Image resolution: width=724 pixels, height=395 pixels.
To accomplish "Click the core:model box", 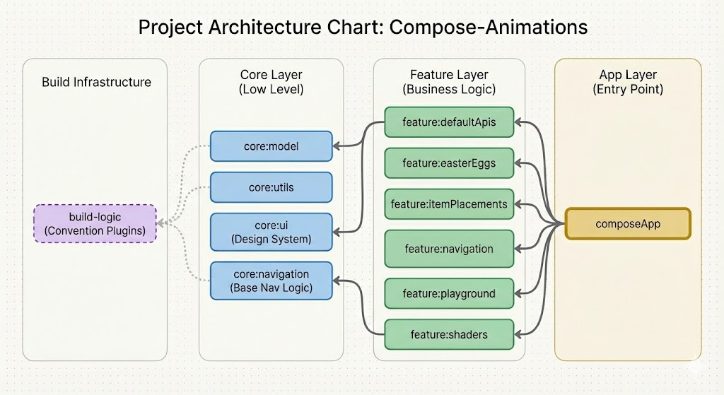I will point(271,147).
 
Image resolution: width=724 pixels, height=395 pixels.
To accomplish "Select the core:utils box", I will point(271,187).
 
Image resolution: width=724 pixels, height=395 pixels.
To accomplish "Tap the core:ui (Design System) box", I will point(271,232).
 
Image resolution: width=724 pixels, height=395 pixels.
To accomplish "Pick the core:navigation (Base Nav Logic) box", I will point(271,281).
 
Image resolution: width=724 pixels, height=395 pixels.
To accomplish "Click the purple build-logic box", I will point(95,223).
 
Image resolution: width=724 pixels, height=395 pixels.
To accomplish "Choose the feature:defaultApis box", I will point(449,122).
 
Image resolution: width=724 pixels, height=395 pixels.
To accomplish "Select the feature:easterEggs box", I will point(449,163).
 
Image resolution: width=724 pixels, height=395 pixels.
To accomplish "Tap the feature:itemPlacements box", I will point(449,204).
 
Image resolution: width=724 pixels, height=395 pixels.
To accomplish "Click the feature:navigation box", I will point(449,249).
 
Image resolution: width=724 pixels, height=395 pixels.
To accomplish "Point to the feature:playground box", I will point(449,293).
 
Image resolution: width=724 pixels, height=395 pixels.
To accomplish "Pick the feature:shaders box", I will point(449,334).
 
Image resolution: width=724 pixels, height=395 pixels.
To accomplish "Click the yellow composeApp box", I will point(628,224).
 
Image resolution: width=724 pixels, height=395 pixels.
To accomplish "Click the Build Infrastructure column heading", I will point(96,82).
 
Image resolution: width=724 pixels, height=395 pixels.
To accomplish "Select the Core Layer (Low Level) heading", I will point(271,82).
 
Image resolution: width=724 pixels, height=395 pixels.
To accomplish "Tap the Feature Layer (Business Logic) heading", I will point(449,82).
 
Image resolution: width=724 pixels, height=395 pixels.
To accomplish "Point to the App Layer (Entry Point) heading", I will point(628,82).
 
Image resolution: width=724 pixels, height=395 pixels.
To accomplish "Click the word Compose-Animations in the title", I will point(489,27).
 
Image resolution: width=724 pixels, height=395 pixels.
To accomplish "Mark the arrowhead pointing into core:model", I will point(337,147).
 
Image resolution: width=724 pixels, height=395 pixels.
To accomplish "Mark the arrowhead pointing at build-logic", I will point(161,223).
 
